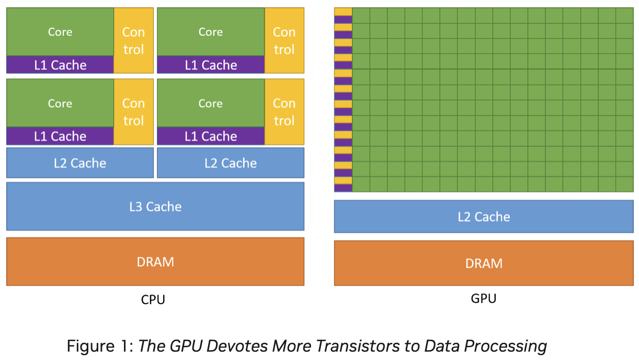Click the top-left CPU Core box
pos(60,31)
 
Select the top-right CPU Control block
pos(284,40)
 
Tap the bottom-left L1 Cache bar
pos(60,137)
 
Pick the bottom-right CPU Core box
pos(210,103)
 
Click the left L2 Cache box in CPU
pos(80,163)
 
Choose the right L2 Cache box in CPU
pos(231,163)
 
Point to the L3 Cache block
pos(155,206)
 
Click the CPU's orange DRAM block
pos(155,261)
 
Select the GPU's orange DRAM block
pos(484,263)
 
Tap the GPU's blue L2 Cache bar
pos(484,216)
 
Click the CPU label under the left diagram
pos(153,300)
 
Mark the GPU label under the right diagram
pos(484,299)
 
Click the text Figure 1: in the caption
pos(99,346)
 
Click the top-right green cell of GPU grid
pos(624,15)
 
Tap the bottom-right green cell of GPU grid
pos(624,184)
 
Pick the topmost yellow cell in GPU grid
pos(343,12)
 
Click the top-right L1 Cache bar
pos(210,65)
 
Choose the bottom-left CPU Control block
pos(133,112)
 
